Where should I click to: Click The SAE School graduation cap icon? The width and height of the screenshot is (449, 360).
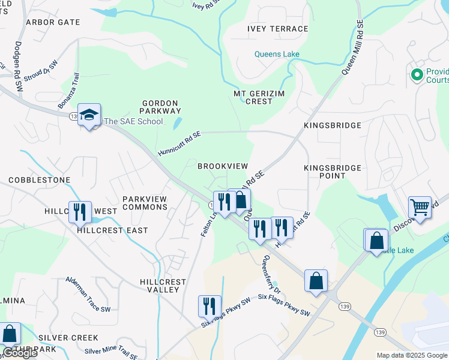(89, 115)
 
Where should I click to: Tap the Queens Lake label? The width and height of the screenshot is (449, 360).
(277, 54)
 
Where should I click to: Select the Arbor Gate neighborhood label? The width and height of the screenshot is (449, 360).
(53, 22)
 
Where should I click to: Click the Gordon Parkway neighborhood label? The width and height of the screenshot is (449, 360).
(160, 107)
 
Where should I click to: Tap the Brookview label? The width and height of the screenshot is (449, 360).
(223, 166)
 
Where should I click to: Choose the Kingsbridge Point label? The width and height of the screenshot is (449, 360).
(333, 172)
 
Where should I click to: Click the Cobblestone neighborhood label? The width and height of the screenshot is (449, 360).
(40, 180)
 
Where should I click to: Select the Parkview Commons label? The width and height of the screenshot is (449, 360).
(145, 203)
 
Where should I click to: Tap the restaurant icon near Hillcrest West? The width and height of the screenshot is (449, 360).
(80, 212)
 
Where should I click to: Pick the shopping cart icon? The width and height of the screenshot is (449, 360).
(420, 208)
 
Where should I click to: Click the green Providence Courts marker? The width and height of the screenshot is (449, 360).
(416, 75)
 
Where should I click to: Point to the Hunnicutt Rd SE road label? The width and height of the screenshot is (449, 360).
(179, 145)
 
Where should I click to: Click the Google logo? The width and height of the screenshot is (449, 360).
(19, 353)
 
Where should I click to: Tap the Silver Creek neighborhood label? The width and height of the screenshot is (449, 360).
(59, 338)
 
